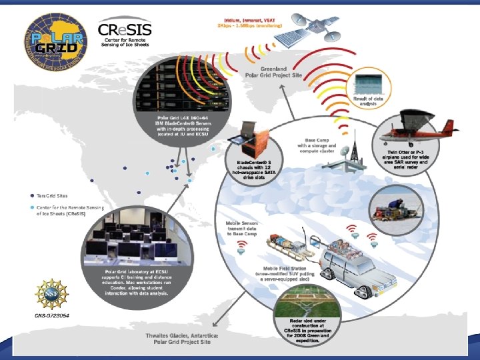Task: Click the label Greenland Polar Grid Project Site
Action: (273, 71)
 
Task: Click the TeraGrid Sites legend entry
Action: (51, 196)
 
